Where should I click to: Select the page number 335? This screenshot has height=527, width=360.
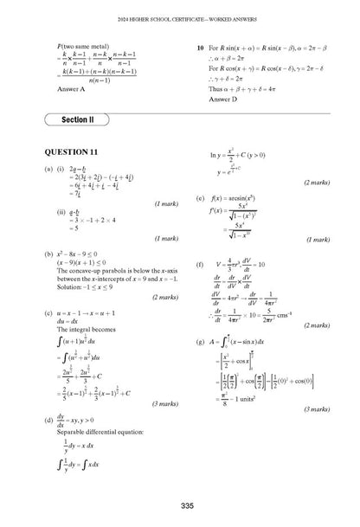tap(181, 505)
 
